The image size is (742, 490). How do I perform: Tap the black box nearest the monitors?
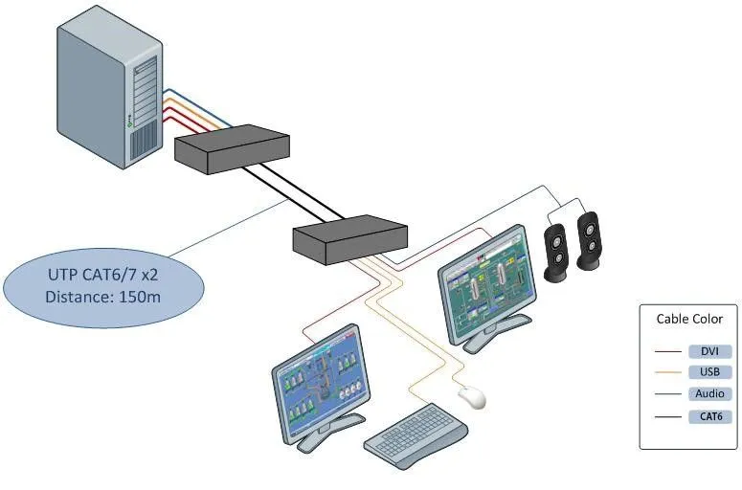tap(349, 238)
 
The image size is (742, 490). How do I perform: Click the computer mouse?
tap(471, 395)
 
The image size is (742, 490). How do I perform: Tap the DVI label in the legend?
tap(709, 350)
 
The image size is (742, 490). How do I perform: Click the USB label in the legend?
tap(709, 371)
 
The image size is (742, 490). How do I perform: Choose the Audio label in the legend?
tap(709, 393)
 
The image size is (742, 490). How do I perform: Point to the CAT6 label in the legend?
tap(709, 416)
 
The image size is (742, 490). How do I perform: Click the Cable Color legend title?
tap(689, 319)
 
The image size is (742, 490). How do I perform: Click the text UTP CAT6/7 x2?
tap(101, 275)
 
